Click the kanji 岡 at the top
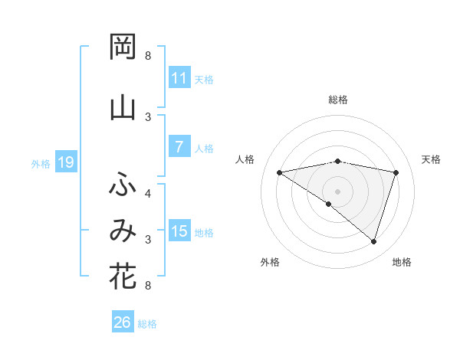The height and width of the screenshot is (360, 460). point(123,47)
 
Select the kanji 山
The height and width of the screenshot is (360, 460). point(123,108)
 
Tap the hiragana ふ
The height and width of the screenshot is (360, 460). point(123,185)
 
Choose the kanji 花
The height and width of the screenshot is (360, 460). point(123,277)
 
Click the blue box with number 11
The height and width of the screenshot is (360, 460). point(179,78)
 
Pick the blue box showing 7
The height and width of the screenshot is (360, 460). point(179,147)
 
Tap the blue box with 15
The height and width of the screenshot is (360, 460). point(179,232)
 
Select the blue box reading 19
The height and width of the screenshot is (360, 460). point(66,162)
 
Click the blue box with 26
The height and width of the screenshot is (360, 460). point(123,322)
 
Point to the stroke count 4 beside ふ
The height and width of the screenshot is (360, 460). point(148,193)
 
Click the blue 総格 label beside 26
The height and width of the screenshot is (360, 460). point(147,323)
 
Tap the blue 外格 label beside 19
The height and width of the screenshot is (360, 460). point(41,163)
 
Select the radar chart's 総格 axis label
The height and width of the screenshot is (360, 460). point(337,100)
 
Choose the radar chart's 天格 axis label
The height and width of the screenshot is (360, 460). point(431,159)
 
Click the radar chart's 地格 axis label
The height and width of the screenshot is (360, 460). point(402,262)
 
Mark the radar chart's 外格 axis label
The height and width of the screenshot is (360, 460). point(270,262)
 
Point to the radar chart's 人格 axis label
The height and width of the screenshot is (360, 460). point(245,159)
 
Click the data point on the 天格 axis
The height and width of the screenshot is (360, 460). point(396,172)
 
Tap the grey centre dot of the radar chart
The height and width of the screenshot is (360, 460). point(337,190)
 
